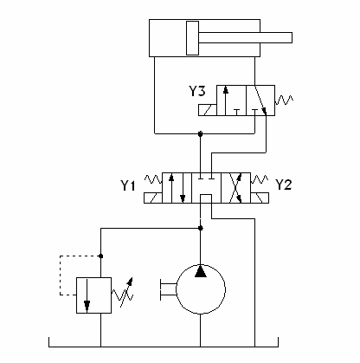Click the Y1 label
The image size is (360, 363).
coord(128,185)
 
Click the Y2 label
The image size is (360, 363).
coord(284,185)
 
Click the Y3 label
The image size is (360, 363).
coord(197,91)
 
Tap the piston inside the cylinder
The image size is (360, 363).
coord(192,38)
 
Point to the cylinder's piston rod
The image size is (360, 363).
coord(246,38)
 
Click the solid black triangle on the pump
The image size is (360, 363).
coord(201,271)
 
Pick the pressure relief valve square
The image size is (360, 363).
coord(93,295)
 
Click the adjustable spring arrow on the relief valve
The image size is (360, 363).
coord(126,292)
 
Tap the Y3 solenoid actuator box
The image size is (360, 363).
coord(208,110)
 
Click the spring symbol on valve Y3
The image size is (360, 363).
coord(284,100)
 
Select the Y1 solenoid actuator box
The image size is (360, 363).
coord(153,198)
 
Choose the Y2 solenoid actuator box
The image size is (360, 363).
coord(260,198)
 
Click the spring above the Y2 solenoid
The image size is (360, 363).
coord(260,179)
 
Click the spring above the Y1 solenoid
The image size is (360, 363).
coord(153,179)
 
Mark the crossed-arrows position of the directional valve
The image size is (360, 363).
coord(235,188)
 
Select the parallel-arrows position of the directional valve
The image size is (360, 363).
coord(177,188)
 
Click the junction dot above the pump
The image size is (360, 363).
coord(201,228)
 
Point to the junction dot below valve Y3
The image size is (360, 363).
coord(201,133)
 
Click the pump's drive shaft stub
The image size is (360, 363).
coord(168,289)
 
